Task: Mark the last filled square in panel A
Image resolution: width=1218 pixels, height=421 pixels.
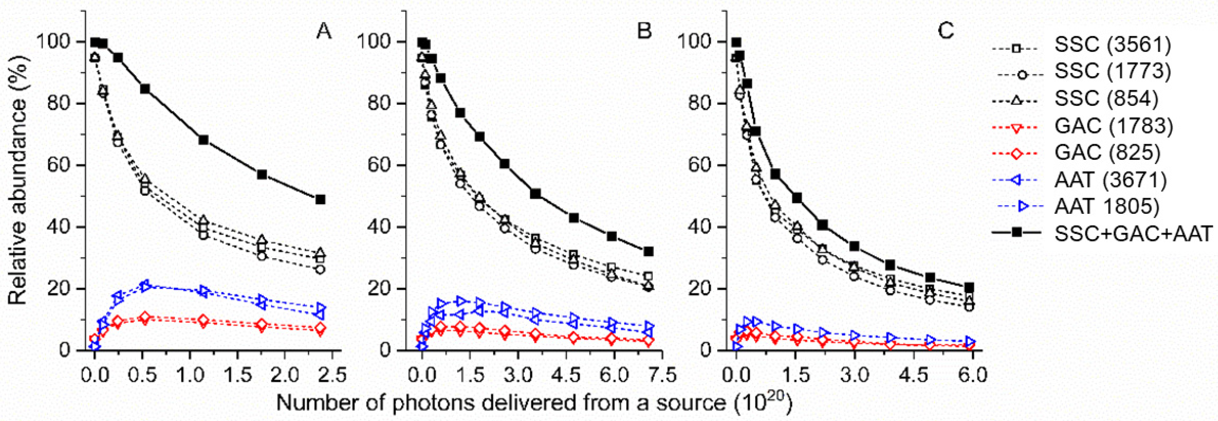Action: pos(321,200)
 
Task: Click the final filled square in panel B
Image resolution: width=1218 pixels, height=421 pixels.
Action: pos(648,252)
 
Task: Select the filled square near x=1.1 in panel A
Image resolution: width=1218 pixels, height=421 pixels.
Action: pos(203,140)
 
